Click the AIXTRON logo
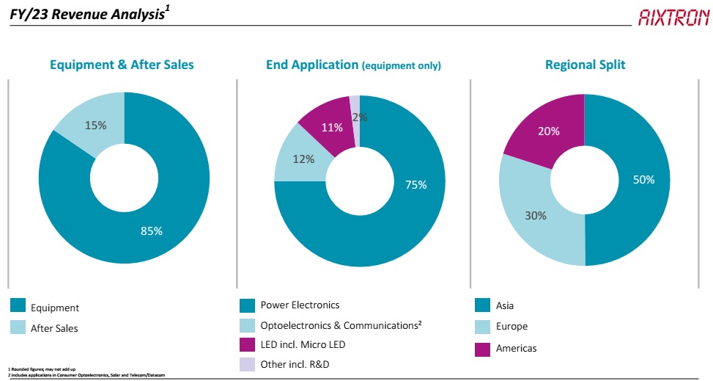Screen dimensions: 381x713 tap(673, 17)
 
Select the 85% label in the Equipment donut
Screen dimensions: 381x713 tap(152, 231)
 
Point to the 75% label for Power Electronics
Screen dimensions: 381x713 tap(415, 185)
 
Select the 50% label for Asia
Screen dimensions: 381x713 tap(643, 179)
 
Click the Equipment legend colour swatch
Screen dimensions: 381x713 tap(18, 307)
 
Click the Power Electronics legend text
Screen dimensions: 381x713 tap(300, 305)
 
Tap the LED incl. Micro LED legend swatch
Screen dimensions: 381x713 tap(247, 344)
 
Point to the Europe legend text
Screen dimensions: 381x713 tap(511, 326)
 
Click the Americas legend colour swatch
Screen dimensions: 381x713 tap(482, 348)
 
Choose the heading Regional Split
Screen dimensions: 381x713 tap(585, 65)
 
